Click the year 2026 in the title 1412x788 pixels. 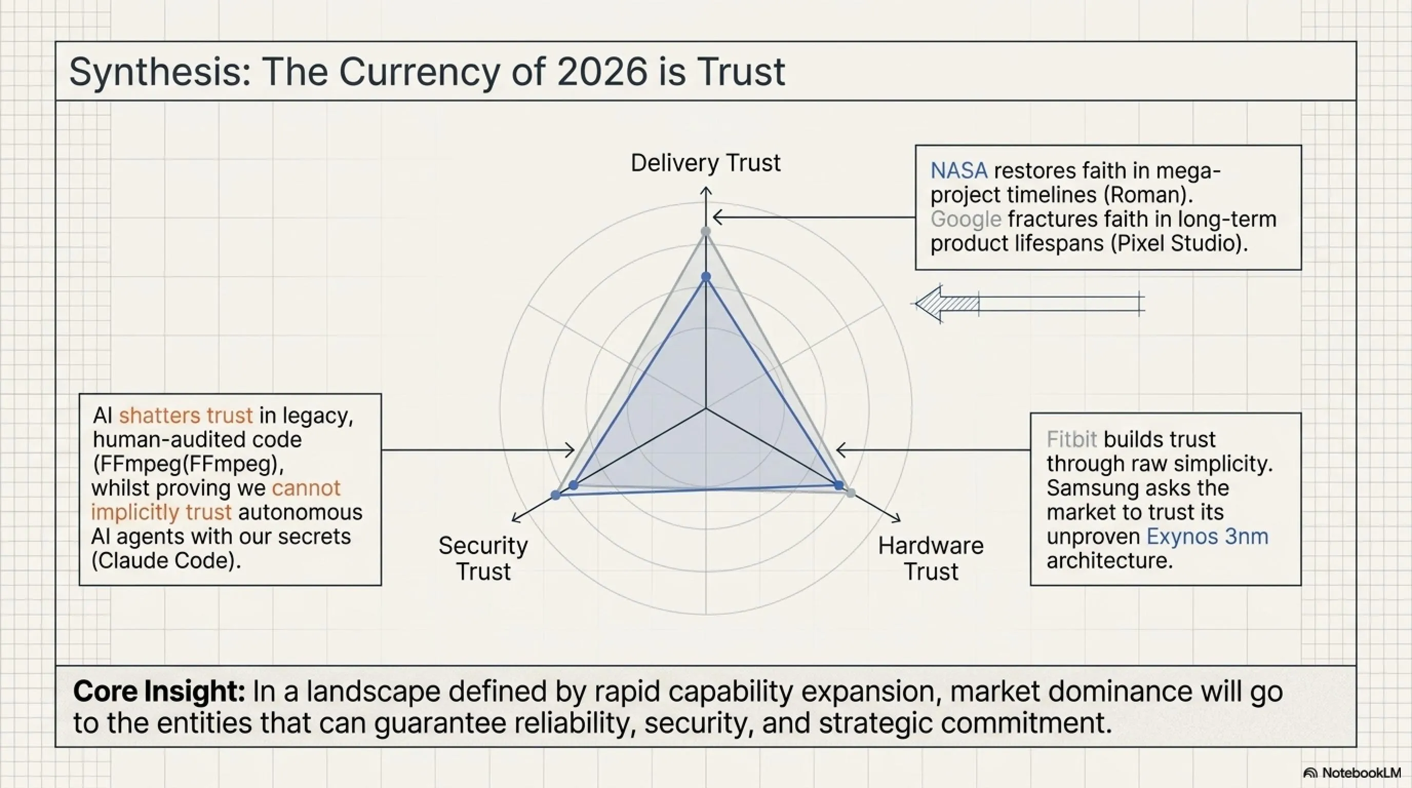[602, 72]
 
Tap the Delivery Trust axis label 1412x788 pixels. [705, 163]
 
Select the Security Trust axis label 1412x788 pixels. [483, 558]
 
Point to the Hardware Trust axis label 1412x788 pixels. [931, 558]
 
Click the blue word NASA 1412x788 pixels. [958, 171]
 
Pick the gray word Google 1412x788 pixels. [966, 219]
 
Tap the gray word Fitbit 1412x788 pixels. [1072, 440]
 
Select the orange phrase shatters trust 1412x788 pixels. [186, 416]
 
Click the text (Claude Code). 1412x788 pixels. [166, 561]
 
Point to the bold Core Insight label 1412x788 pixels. [159, 691]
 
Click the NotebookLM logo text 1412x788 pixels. [1361, 773]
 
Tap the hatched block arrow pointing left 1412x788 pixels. [1029, 304]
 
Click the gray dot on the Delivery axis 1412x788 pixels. [706, 232]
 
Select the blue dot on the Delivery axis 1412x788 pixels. [706, 277]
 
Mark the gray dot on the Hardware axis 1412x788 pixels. [850, 493]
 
